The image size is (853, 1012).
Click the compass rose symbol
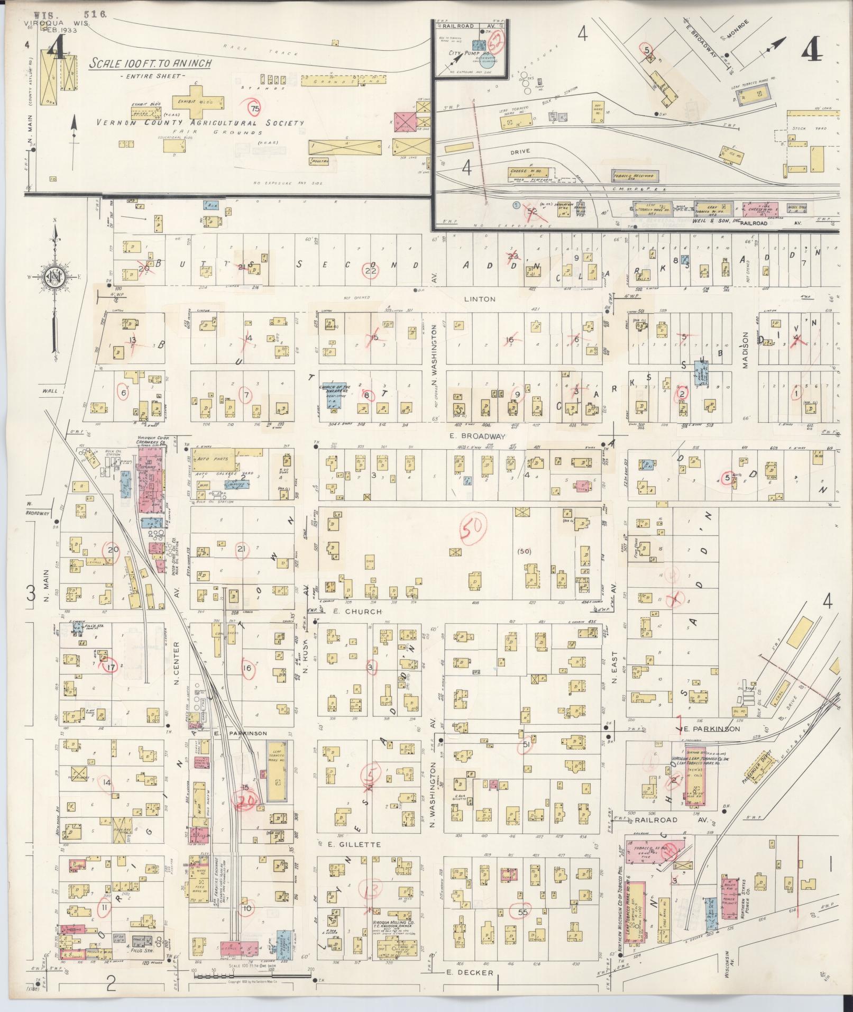[x=54, y=277]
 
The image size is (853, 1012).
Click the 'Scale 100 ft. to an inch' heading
[x=150, y=63]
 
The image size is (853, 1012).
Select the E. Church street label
[x=357, y=612]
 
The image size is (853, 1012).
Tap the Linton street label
[x=480, y=299]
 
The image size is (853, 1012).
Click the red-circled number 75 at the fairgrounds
[x=255, y=108]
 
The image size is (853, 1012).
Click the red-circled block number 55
[x=523, y=911]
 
